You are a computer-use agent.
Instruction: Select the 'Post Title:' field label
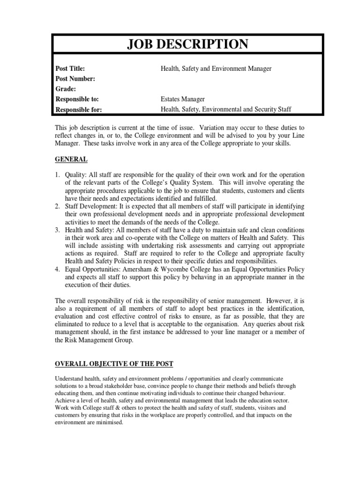(x=70, y=68)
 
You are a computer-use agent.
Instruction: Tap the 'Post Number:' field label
(x=75, y=79)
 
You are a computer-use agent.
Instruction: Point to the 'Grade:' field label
(x=66, y=89)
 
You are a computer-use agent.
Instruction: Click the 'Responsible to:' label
(x=77, y=99)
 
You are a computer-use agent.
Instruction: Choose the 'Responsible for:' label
(x=78, y=110)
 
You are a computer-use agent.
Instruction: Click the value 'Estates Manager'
(x=182, y=99)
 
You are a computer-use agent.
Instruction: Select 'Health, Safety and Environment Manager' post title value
(x=216, y=68)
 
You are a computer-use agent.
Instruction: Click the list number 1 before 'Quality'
(x=57, y=174)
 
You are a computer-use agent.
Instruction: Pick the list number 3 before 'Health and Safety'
(x=57, y=230)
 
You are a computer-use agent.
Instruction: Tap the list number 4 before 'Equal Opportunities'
(x=57, y=269)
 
